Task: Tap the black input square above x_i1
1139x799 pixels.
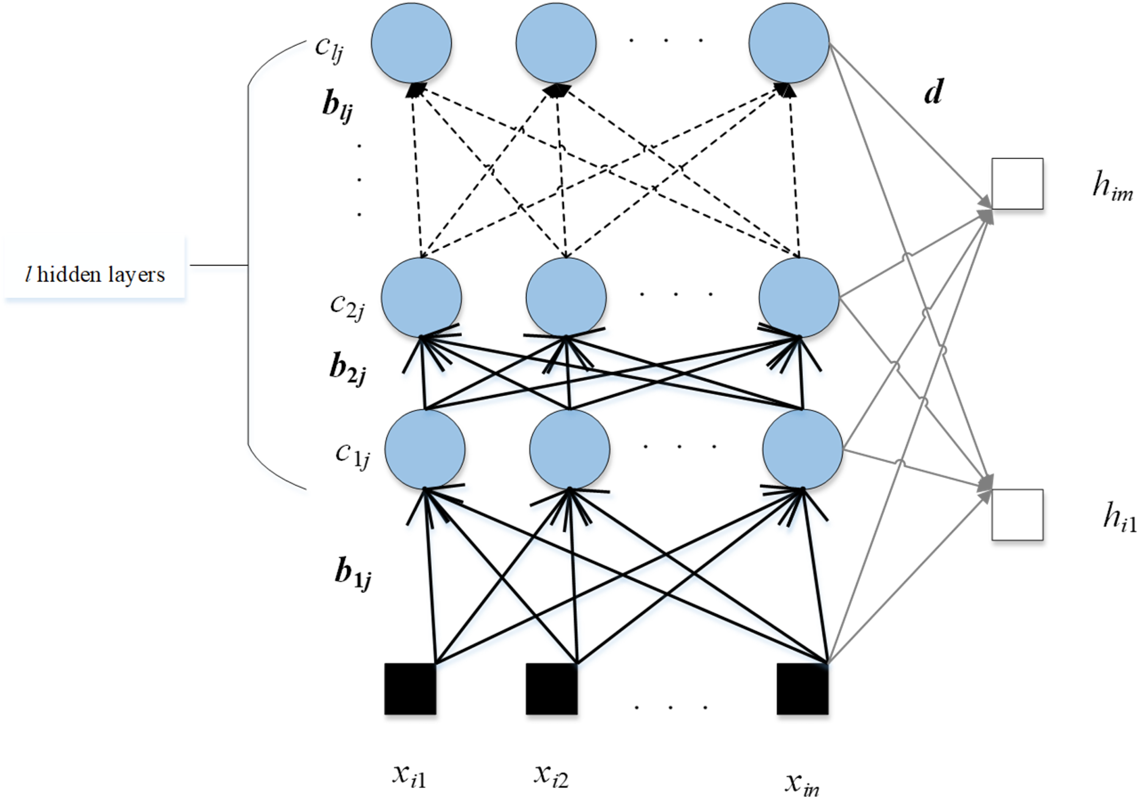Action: pos(410,689)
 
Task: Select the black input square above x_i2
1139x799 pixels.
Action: pos(552,689)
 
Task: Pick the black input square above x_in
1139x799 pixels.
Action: pos(802,689)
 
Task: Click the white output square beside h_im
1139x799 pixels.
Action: pos(1017,184)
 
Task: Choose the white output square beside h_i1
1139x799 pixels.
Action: pos(1017,515)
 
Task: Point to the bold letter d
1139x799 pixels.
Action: pos(933,92)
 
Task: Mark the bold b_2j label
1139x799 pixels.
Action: pos(347,370)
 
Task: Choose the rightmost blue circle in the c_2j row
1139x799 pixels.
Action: pos(799,297)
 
